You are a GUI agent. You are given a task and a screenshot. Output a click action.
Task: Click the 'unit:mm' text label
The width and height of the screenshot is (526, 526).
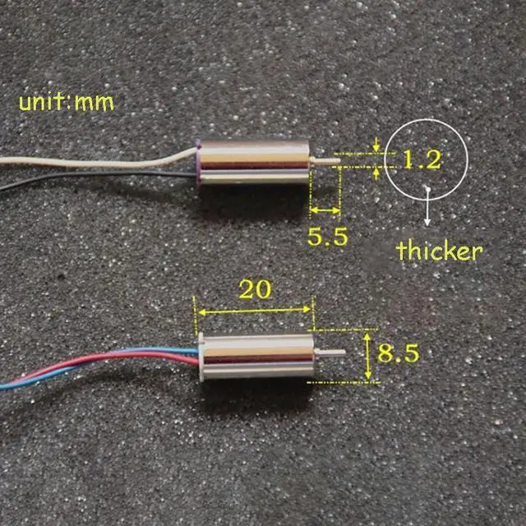(x=66, y=103)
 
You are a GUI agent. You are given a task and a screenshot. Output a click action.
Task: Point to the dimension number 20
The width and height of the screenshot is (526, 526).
(x=254, y=289)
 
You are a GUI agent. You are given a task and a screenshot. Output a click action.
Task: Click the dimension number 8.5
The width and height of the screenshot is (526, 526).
(x=399, y=353)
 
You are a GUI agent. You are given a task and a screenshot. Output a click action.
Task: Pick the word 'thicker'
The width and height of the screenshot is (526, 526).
(x=438, y=251)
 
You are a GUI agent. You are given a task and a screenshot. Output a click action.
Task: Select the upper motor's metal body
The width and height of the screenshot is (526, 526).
(x=255, y=161)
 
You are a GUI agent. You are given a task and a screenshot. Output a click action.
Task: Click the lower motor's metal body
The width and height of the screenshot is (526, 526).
(x=256, y=359)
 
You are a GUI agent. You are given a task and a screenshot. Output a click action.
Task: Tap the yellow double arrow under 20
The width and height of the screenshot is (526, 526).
(x=254, y=311)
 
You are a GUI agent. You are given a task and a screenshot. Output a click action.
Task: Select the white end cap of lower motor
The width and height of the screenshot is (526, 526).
(x=202, y=359)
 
